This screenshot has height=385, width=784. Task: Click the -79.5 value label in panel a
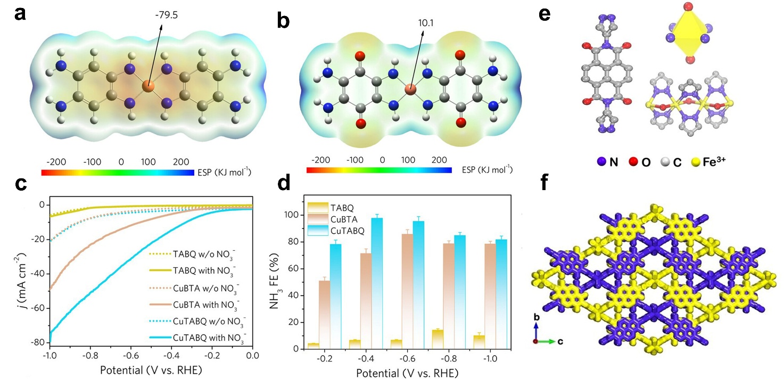coord(167,15)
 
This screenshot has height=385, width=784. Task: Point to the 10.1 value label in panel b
coord(426,23)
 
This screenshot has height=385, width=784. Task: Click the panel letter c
coord(21,184)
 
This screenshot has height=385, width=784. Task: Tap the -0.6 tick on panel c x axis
coord(131,356)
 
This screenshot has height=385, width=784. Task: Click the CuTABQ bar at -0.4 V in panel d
coord(377,283)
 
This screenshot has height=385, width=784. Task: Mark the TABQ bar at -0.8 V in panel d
coord(438,339)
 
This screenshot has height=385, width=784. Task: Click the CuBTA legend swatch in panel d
coord(318,219)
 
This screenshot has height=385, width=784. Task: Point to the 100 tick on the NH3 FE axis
coord(291,215)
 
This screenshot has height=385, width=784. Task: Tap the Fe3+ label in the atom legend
coord(714,162)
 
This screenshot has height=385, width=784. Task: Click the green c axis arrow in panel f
coord(546,341)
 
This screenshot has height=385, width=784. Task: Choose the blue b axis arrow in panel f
coord(536,331)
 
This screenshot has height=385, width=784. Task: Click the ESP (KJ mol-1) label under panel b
coord(487,169)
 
